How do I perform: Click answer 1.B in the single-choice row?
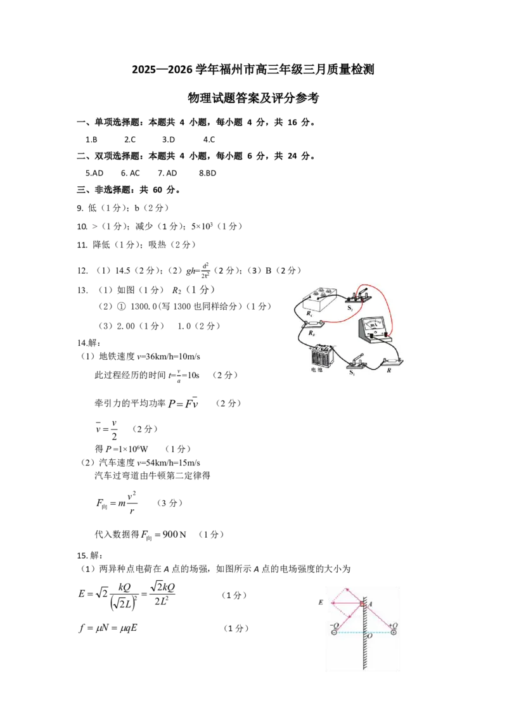tap(91, 139)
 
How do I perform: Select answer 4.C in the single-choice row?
tap(209, 139)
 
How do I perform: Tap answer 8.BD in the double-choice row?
tap(207, 173)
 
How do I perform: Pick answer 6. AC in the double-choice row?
tap(130, 173)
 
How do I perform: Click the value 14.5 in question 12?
tap(123, 270)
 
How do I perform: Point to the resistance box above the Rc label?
tap(315, 300)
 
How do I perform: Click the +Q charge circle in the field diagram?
tap(393, 632)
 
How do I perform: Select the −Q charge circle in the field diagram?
tap(335, 632)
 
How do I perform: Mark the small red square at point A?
tap(361, 604)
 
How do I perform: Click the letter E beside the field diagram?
tap(321, 602)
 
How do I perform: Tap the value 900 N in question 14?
tap(174, 534)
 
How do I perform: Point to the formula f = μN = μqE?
tap(108, 628)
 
